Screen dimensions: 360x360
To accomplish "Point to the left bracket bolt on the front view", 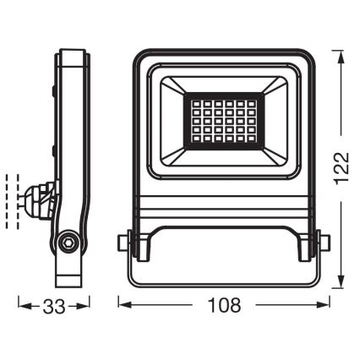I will click(x=125, y=243).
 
